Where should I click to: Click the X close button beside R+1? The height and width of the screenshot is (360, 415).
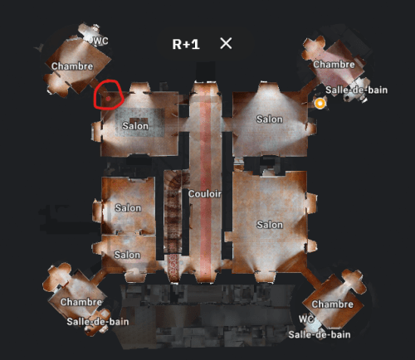(x=226, y=43)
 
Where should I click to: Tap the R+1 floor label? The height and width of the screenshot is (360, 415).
(x=186, y=44)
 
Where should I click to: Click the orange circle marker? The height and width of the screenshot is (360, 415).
(x=320, y=104)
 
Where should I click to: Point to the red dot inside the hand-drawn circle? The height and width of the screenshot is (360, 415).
(x=108, y=99)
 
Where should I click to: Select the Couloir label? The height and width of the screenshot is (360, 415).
(x=205, y=194)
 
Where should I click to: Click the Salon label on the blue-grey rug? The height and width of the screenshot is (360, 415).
(x=135, y=126)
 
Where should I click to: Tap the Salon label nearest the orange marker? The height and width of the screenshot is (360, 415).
(x=270, y=119)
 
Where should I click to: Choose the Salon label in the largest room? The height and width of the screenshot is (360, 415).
(x=270, y=225)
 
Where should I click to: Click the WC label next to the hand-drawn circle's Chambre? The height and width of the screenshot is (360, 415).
(x=100, y=41)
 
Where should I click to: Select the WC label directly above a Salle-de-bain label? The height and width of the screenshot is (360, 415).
(x=306, y=319)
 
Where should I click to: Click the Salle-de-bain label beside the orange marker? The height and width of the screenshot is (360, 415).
(x=356, y=90)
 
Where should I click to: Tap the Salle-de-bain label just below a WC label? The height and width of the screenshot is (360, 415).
(x=320, y=334)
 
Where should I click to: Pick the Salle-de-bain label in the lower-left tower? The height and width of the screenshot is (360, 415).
(x=98, y=322)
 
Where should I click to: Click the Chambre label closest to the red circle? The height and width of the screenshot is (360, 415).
(x=72, y=66)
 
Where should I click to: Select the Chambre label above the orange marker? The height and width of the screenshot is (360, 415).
(x=334, y=65)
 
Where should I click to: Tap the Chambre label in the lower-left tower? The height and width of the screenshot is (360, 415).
(x=81, y=302)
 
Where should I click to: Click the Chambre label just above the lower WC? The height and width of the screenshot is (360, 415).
(x=333, y=304)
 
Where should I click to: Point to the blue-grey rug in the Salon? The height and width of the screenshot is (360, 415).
(x=139, y=123)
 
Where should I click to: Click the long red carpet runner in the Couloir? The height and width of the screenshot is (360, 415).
(x=205, y=180)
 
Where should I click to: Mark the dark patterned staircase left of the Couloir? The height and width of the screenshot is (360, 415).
(x=173, y=212)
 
